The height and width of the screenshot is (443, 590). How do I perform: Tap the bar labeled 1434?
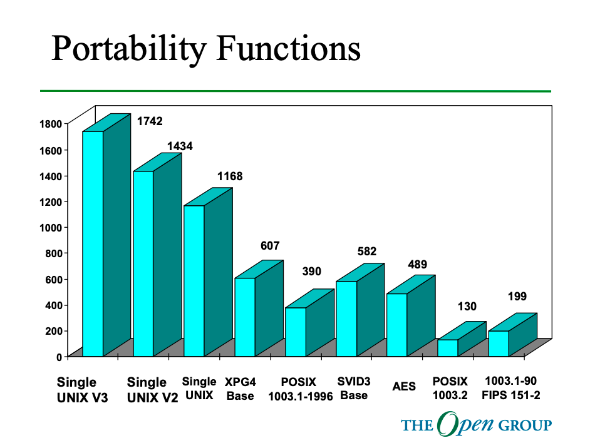(143, 263)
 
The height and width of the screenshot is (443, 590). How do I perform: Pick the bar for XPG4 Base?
(245, 317)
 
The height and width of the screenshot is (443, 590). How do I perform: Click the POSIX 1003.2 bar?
(447, 348)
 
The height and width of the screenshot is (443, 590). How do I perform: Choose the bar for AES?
(396, 325)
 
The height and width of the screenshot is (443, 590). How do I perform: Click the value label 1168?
(230, 176)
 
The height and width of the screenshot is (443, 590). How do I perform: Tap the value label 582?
(367, 252)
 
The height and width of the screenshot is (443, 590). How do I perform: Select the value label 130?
(467, 306)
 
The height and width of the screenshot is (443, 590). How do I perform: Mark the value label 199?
(517, 296)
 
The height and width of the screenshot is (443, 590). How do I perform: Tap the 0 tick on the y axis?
(60, 357)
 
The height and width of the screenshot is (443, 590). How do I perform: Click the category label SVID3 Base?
(354, 389)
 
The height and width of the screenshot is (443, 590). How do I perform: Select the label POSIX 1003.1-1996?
(299, 389)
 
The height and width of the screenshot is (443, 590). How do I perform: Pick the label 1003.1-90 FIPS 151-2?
(511, 388)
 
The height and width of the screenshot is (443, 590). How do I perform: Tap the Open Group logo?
(476, 425)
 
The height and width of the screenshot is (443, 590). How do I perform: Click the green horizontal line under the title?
(295, 91)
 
